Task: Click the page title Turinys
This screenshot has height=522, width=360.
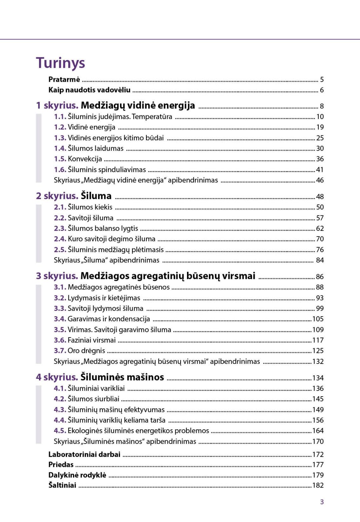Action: coord(60,63)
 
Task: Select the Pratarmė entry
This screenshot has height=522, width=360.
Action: coord(64,79)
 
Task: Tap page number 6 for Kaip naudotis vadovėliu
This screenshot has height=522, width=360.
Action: coord(322,90)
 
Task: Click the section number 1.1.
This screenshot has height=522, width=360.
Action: coord(60,117)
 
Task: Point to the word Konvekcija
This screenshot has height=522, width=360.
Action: coord(85,159)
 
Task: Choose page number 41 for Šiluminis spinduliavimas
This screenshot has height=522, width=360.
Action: coord(320,170)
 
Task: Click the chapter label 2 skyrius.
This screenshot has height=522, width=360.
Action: coord(57,196)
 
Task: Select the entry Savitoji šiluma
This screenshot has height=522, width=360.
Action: coord(90,218)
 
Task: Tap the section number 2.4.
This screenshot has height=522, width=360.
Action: coord(60,239)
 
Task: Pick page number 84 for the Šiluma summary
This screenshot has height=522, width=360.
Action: coord(320,260)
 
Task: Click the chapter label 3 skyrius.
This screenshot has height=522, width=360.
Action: coord(57,276)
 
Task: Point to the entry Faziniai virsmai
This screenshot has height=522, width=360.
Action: coord(91,340)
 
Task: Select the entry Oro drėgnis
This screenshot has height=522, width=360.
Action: coord(86,351)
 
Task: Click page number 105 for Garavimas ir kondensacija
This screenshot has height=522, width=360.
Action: coord(318,319)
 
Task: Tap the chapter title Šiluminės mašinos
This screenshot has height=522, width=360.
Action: coord(122,377)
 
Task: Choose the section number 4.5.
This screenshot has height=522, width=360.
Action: coord(60,431)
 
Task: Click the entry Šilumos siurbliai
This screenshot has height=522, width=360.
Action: coord(93,399)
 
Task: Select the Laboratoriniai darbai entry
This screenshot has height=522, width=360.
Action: coord(84,454)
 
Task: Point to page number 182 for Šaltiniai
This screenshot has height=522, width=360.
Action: coord(318,485)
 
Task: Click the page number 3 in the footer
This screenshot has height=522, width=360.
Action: coord(322,502)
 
